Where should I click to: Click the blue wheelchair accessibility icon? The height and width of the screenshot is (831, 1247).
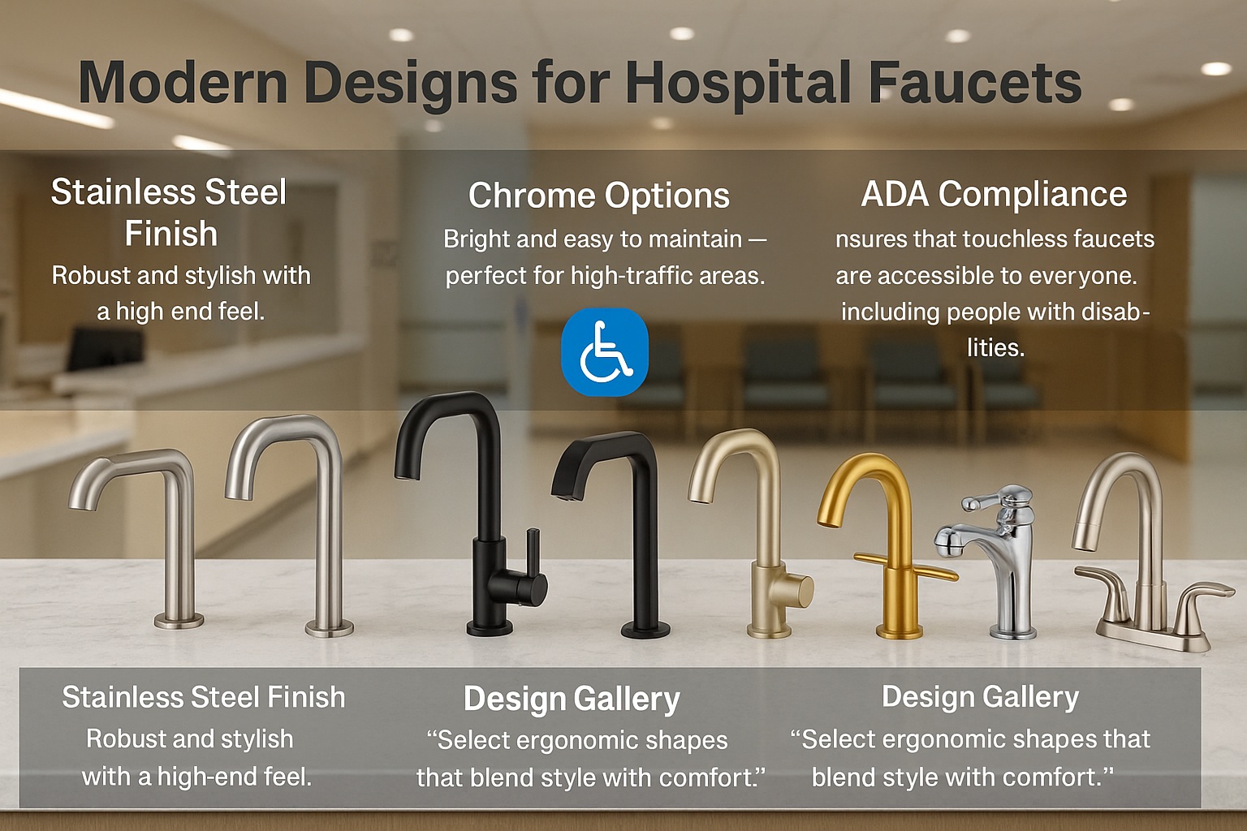click(605, 351)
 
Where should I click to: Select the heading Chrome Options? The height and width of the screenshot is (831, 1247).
click(598, 196)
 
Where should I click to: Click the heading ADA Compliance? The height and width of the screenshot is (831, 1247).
click(995, 194)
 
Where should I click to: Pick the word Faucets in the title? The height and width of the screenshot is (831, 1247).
click(975, 83)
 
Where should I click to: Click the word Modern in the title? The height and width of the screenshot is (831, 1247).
click(183, 83)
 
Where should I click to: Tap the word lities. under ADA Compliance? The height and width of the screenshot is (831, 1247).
click(996, 348)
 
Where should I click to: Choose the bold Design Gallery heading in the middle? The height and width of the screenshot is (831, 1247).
click(572, 699)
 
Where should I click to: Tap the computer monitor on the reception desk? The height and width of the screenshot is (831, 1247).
click(105, 349)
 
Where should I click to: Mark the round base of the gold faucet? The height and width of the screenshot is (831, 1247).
click(900, 631)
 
